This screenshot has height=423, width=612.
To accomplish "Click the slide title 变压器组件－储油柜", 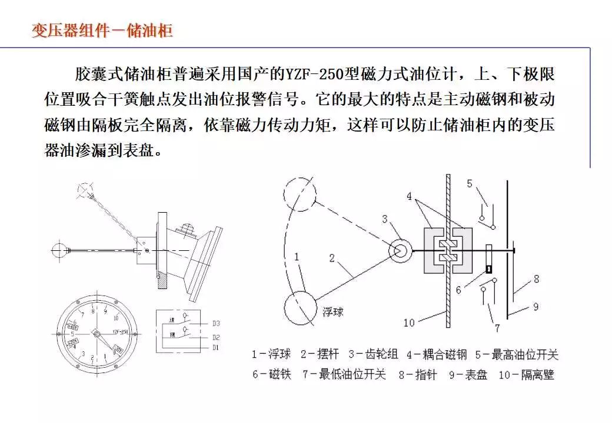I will tap(102, 30).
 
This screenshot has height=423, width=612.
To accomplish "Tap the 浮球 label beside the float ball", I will tap(332, 310).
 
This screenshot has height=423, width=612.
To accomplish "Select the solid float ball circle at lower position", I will tap(302, 308).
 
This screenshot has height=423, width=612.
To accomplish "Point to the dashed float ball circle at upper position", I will tap(300, 193).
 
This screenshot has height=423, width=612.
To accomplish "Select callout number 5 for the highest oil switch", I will tap(470, 184).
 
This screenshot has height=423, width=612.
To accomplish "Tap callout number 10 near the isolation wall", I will tap(410, 323).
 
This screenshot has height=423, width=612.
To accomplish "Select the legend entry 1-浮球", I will tap(271, 354).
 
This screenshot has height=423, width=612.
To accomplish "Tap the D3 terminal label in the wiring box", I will tap(216, 323).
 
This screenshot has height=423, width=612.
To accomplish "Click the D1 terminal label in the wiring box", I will tap(216, 347).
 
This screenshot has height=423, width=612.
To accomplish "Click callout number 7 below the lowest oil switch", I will tap(497, 328).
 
